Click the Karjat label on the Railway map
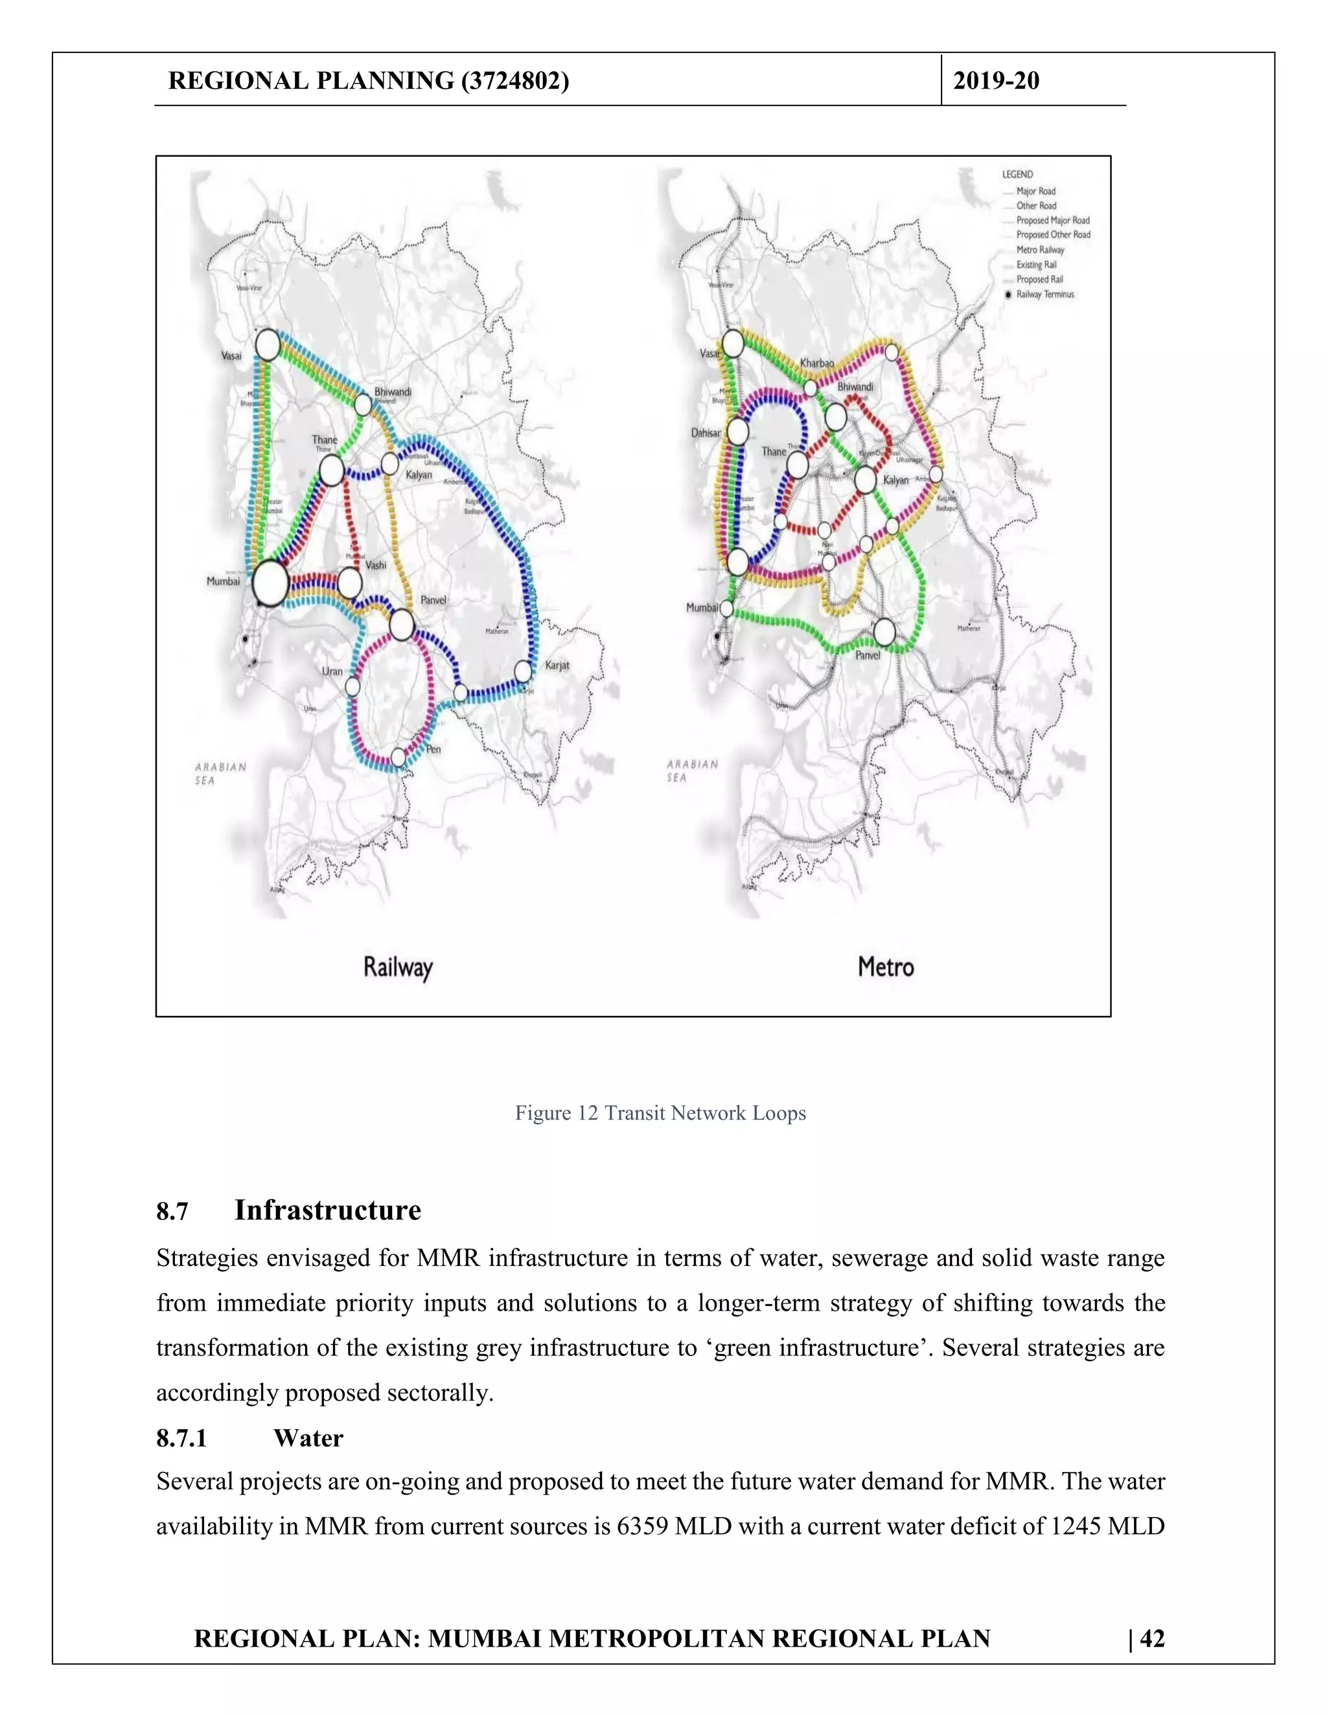click(557, 666)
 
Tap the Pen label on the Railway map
click(433, 750)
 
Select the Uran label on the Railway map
click(332, 672)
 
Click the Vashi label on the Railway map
click(375, 565)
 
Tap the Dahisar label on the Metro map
click(705, 433)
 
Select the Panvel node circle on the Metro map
click(884, 632)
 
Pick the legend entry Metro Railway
click(1040, 250)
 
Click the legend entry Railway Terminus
click(1044, 295)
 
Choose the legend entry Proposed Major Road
click(1053, 221)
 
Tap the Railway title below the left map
click(398, 967)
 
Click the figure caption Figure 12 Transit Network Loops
click(660, 1113)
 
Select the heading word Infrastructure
click(327, 1210)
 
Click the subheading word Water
click(308, 1439)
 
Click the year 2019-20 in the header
click(996, 81)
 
